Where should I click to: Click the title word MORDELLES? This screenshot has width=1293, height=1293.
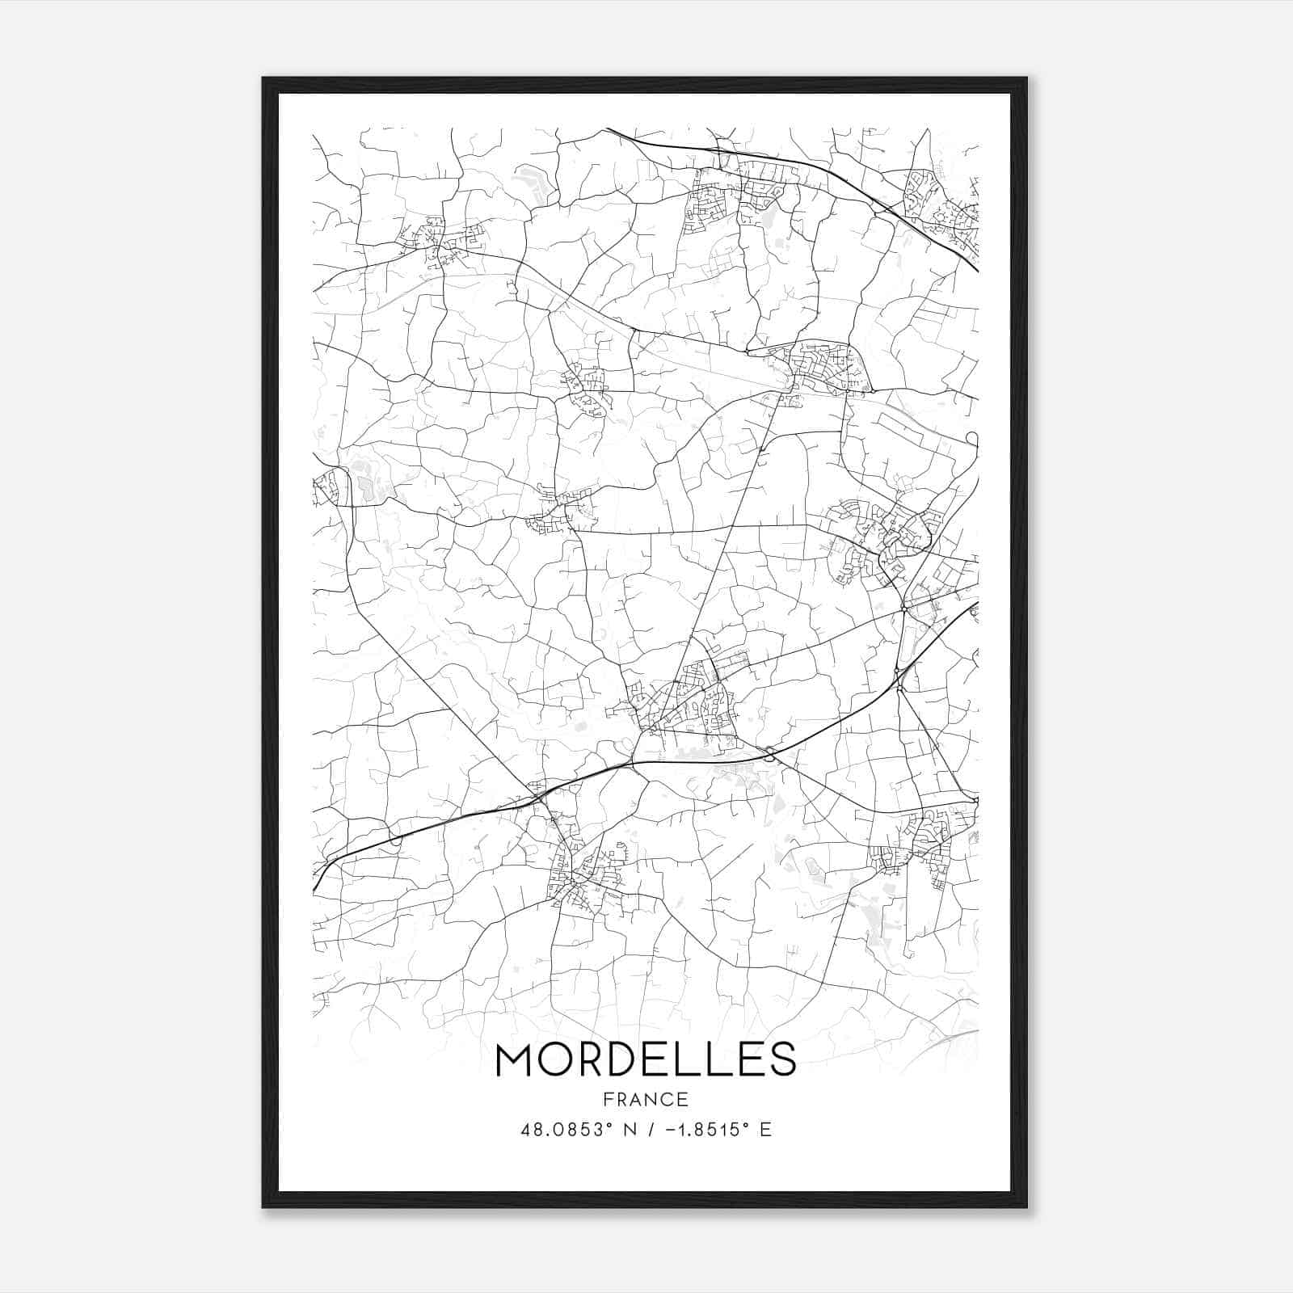pyautogui.click(x=646, y=1059)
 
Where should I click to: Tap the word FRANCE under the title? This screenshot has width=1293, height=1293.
pyautogui.click(x=646, y=1099)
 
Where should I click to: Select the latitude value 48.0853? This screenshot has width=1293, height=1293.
pyautogui.click(x=559, y=1129)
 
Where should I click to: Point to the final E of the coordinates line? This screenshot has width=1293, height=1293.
pyautogui.click(x=766, y=1129)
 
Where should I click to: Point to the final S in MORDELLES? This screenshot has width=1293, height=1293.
pyautogui.click(x=781, y=1059)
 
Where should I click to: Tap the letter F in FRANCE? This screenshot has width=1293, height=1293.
pyautogui.click(x=607, y=1099)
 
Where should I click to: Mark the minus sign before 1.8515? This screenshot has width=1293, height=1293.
pyautogui.click(x=667, y=1129)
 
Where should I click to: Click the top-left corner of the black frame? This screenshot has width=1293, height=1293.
pyautogui.click(x=263, y=78)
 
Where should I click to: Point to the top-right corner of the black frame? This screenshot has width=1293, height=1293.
pyautogui.click(x=1026, y=78)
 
